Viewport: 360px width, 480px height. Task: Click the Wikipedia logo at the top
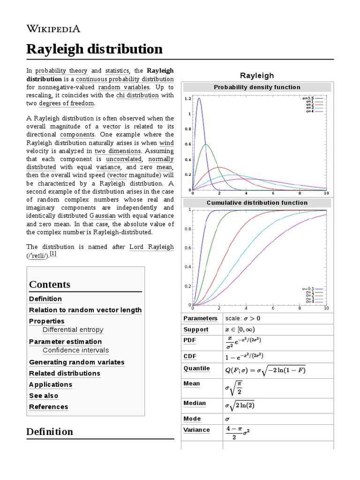pyautogui.click(x=53, y=29)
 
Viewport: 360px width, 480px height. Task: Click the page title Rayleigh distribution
pyautogui.click(x=94, y=49)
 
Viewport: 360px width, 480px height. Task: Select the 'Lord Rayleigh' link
pyautogui.click(x=151, y=247)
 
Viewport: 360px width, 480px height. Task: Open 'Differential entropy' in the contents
pyautogui.click(x=73, y=330)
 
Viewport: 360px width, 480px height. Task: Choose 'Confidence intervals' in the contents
pyautogui.click(x=75, y=350)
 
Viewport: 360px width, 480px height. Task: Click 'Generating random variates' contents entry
pyautogui.click(x=76, y=362)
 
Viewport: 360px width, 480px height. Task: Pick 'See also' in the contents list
pyautogui.click(x=44, y=396)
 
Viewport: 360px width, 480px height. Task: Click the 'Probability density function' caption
pyautogui.click(x=257, y=87)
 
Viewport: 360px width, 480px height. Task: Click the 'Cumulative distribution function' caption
pyautogui.click(x=257, y=202)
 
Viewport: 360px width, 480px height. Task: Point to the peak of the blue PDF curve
pyautogui.click(x=199, y=98)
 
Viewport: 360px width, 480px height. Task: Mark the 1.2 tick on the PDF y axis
pyautogui.click(x=188, y=98)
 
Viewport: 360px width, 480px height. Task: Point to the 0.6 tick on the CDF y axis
pyautogui.click(x=188, y=247)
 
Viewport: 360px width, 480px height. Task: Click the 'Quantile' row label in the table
pyautogui.click(x=196, y=368)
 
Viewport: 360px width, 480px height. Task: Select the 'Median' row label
pyautogui.click(x=195, y=403)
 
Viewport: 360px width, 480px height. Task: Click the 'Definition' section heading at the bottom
pyautogui.click(x=50, y=431)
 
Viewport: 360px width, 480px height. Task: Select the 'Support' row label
pyautogui.click(x=195, y=330)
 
